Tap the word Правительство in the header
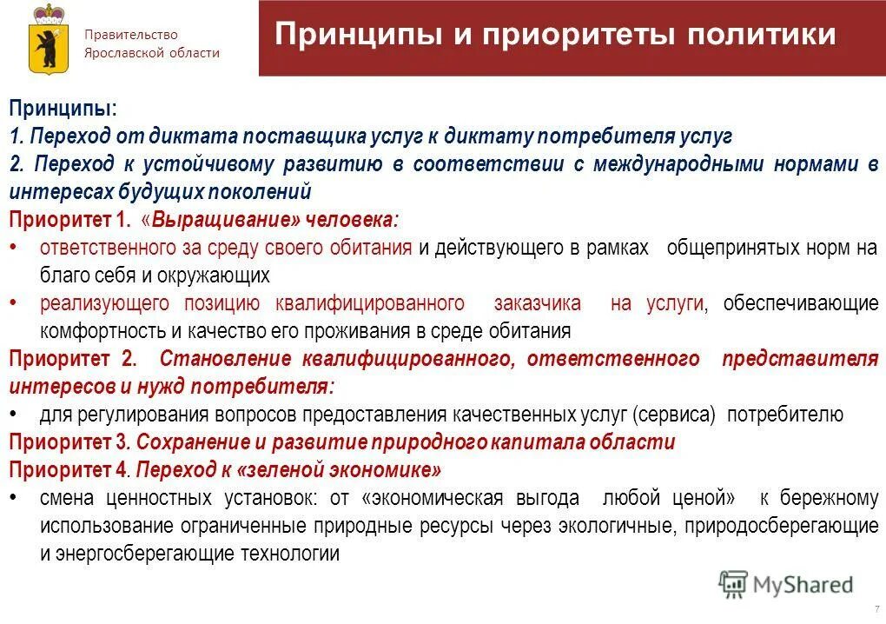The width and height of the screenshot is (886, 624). pyautogui.click(x=130, y=35)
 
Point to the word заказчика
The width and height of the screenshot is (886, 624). pyautogui.click(x=538, y=303)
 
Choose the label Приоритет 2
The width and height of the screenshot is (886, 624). pyautogui.click(x=73, y=359)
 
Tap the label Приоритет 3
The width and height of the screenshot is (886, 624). pyautogui.click(x=69, y=442)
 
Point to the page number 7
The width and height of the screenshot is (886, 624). pyautogui.click(x=876, y=608)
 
